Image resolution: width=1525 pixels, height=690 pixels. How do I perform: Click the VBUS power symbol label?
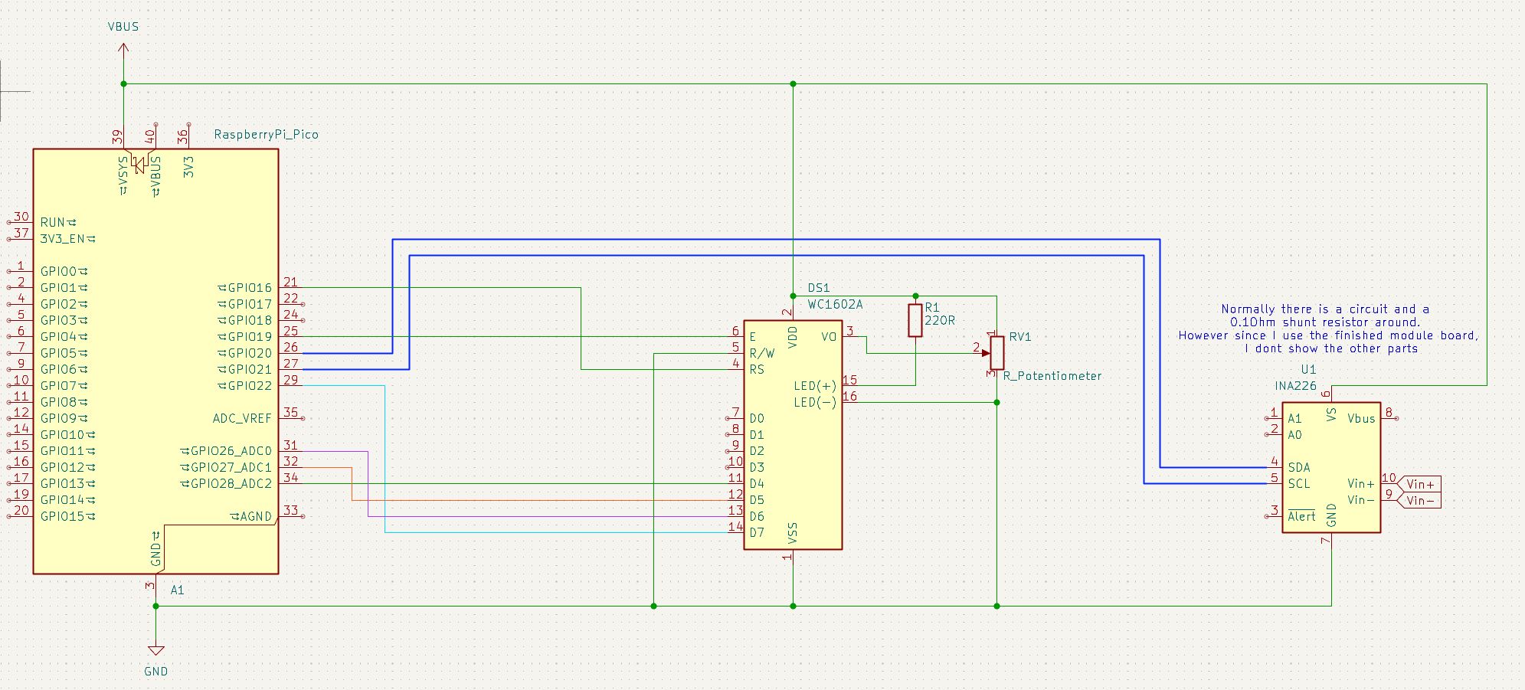[123, 27]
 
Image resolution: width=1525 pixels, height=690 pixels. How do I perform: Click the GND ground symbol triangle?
[155, 650]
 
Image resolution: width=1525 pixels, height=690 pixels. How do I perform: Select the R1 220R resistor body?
[915, 320]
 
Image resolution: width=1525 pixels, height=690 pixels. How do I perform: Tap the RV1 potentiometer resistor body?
[996, 352]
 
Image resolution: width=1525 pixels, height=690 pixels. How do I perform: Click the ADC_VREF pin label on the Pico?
[242, 418]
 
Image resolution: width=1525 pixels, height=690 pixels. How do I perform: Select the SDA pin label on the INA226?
[1299, 467]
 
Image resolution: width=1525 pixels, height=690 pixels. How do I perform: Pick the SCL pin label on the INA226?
[1299, 483]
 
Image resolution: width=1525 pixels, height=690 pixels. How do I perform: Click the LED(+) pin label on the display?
[815, 386]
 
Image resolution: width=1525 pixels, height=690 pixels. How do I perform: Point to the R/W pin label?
[762, 353]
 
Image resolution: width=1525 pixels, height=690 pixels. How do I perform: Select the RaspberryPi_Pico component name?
[266, 134]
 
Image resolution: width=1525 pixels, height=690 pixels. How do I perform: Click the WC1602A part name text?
[835, 304]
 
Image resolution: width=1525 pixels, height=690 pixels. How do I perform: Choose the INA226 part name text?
[1296, 385]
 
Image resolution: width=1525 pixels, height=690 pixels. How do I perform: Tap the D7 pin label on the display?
[757, 532]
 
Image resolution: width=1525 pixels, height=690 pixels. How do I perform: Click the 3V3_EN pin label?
[63, 238]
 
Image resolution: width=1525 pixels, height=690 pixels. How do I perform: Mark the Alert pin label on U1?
[1301, 516]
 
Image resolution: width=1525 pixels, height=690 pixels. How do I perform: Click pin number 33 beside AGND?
[291, 510]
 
